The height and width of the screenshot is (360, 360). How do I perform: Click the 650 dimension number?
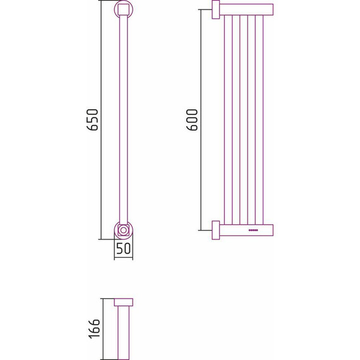pos(93,120)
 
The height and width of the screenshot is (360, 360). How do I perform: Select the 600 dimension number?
pos(193,119)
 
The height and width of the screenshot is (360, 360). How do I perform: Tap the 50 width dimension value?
pos(123,249)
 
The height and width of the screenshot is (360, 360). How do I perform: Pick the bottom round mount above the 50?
pos(123,229)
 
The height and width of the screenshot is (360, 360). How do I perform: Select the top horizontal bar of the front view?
pos(246,10)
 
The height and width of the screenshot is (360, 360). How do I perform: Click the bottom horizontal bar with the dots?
pos(246,231)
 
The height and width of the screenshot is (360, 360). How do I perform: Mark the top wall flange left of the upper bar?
pos(215,10)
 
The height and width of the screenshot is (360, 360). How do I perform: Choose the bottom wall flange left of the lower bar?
pos(215,231)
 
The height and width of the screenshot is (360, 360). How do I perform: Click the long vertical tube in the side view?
pos(123,120)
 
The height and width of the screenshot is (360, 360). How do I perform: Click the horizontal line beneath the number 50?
pos(123,258)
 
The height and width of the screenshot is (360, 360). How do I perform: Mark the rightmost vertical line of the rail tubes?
pos(261,120)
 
